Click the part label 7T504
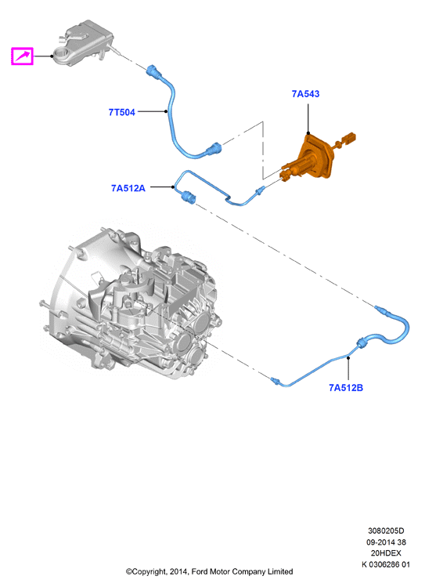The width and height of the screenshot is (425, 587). click(x=121, y=112)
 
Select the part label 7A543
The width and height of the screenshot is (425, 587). click(x=305, y=93)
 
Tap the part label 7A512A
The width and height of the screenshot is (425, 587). click(x=128, y=188)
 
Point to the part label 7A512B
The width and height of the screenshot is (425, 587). click(x=346, y=387)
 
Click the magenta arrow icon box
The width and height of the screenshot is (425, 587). click(x=22, y=56)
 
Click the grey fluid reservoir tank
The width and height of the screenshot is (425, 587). click(x=82, y=42)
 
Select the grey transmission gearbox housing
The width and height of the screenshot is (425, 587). click(x=129, y=303)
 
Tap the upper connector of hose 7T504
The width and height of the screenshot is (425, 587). click(x=154, y=71)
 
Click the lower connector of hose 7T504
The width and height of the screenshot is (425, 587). click(x=214, y=149)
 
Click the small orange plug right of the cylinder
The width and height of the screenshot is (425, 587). click(x=348, y=138)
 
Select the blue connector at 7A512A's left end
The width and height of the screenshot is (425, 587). click(x=187, y=197)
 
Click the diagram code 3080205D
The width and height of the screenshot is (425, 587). click(x=386, y=531)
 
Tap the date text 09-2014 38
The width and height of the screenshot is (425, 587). click(x=386, y=542)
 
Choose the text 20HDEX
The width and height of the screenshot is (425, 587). click(x=386, y=553)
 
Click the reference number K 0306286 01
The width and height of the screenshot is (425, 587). click(x=386, y=564)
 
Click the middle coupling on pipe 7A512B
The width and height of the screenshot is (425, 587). click(x=362, y=342)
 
